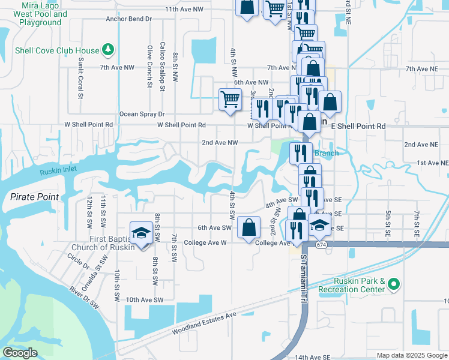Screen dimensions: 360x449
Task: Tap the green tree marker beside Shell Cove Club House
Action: [x=108, y=49]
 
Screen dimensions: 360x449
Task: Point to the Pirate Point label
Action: [x=34, y=197]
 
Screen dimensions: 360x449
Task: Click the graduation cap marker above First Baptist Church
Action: [x=140, y=233]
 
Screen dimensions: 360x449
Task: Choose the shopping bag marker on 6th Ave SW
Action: [x=249, y=227]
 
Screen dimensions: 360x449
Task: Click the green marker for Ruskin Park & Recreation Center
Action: [x=393, y=283]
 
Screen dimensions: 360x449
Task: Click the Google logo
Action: [x=20, y=353]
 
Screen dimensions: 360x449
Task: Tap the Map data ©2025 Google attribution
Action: [x=411, y=355]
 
